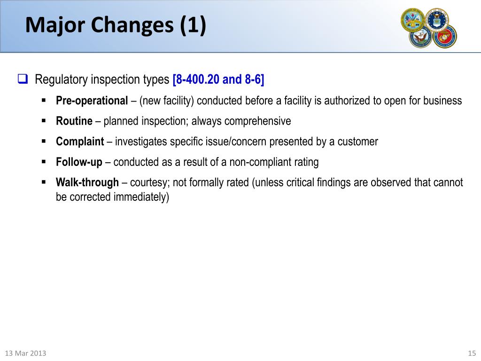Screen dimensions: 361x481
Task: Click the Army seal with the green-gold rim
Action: [413, 20]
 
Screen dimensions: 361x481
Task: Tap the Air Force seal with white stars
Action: [437, 19]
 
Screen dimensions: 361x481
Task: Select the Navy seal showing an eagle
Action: [420, 37]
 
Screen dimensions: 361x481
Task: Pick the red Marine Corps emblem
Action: [444, 36]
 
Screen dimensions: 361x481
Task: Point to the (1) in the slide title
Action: [193, 25]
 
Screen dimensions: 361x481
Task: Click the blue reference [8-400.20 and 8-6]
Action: [218, 79]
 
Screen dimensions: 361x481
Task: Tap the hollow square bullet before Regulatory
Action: [23, 79]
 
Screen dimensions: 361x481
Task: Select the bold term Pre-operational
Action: [92, 101]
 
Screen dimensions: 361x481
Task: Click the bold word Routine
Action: [74, 121]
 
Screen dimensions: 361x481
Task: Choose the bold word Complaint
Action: [80, 141]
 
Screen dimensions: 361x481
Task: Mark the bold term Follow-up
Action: [79, 162]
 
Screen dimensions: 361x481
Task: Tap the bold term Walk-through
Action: [87, 182]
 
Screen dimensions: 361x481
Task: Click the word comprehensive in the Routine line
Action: [257, 121]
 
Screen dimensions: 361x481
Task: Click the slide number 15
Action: [472, 353]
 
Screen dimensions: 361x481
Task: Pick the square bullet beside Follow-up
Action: [44, 161]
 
